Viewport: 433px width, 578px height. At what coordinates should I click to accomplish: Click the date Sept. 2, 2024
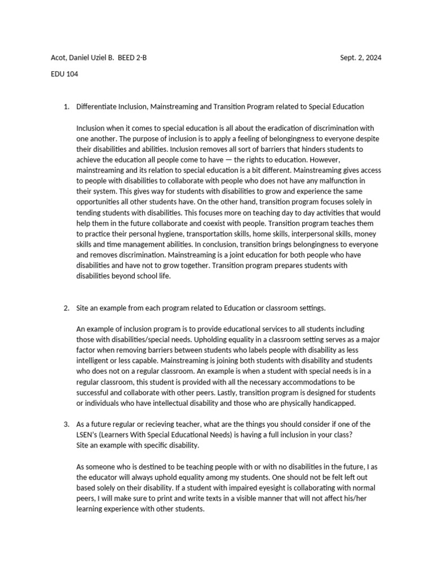pos(361,58)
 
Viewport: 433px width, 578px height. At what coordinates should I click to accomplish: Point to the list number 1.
pos(65,106)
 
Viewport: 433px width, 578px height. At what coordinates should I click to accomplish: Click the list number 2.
pos(65,308)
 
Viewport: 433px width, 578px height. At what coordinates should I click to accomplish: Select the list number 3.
pos(65,424)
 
